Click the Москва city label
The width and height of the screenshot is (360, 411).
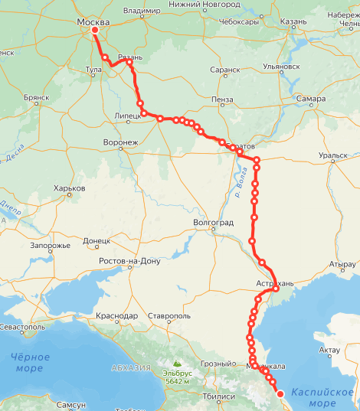[x=93, y=22]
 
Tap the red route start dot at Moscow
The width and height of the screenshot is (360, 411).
[x=95, y=31]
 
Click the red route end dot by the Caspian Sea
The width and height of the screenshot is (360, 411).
[x=280, y=393]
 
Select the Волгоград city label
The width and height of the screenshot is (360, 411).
[x=214, y=223]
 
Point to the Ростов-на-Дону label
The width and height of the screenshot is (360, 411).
[x=130, y=261]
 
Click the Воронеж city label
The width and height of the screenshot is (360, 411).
[x=120, y=142]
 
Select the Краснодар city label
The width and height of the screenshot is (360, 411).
[x=117, y=315]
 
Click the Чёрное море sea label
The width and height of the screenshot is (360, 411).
[x=30, y=362]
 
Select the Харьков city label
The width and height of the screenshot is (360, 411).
[x=69, y=188]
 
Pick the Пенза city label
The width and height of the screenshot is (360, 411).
[x=224, y=99]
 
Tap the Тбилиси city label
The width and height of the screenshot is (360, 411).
[x=218, y=397]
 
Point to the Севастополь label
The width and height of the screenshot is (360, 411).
[x=23, y=327]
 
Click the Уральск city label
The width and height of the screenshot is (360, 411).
[x=334, y=155]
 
